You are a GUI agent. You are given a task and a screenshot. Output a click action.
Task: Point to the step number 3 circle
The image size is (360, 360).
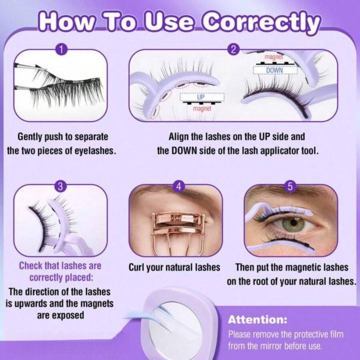coord(61,186)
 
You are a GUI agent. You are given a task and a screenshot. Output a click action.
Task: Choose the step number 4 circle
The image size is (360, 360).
coord(179,186)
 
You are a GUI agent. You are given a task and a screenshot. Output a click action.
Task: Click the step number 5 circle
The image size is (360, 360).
coord(290,186)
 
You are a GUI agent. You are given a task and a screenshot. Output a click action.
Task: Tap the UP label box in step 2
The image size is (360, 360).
coord(201,97)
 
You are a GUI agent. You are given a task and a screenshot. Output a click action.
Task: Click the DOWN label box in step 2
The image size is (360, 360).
coord(275,70)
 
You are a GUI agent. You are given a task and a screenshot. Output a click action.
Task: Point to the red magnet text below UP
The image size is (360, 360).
coord(201,108)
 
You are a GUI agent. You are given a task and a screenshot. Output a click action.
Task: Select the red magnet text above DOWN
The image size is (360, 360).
coord(274,57)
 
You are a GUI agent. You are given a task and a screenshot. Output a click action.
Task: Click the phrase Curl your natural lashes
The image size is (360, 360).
coord(174,267)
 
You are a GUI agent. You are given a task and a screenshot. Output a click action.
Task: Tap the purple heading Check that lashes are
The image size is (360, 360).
coord(60,266)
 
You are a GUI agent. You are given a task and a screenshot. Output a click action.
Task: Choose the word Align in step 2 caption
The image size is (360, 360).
coord(179,136)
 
